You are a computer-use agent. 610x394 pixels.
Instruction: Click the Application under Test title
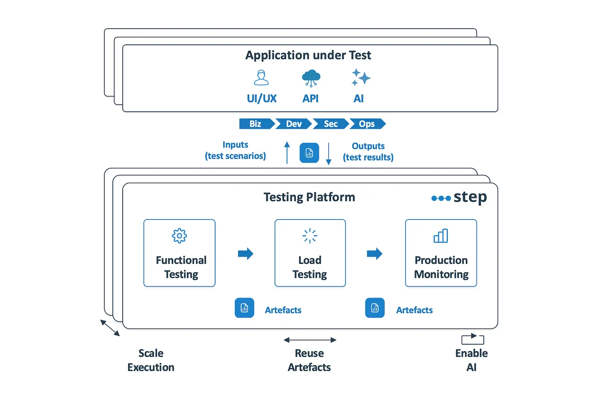point(308,55)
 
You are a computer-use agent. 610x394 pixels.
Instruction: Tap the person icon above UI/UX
point(261,77)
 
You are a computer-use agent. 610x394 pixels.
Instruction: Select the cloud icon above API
point(310,78)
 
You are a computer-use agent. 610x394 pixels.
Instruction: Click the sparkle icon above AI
point(360,78)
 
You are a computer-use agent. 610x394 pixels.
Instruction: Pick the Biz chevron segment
point(255,124)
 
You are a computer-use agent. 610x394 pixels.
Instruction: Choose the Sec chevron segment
point(331,124)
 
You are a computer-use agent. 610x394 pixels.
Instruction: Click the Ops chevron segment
point(367,124)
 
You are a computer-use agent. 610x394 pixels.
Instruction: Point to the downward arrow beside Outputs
point(328,154)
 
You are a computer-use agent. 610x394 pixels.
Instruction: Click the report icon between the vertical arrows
point(309,153)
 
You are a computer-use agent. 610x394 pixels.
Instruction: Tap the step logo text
point(469,197)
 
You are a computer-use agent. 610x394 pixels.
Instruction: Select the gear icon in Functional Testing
point(179,236)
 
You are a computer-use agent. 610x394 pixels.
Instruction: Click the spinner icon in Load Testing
point(310,236)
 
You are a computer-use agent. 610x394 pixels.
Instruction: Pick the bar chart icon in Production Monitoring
point(441,236)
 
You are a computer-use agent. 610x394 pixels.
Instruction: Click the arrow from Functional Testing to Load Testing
point(245,254)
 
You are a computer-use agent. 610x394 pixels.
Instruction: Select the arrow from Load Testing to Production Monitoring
point(375,254)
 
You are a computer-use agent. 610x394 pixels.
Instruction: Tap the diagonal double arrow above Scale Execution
point(110,328)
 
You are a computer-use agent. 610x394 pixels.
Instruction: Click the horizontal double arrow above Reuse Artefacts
point(310,340)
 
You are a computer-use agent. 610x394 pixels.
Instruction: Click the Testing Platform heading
point(309,197)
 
